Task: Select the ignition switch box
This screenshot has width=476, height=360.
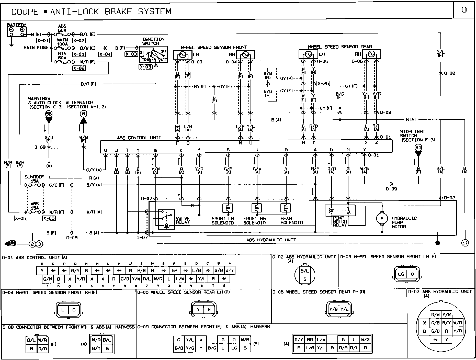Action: tap(153, 54)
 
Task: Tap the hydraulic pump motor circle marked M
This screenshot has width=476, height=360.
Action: tap(382, 218)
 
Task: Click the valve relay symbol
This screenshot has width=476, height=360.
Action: tap(166, 219)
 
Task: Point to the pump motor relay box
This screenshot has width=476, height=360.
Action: tap(340, 210)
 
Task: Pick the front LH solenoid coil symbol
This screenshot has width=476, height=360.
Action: tap(228, 208)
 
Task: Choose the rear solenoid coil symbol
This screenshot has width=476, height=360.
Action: tap(286, 208)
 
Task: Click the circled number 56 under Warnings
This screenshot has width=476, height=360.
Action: tap(49, 114)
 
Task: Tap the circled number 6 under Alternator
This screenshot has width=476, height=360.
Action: tap(84, 114)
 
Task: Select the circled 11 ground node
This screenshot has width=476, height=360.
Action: tap(465, 243)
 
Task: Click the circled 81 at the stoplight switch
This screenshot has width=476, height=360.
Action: tap(418, 148)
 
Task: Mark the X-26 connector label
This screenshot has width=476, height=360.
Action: tap(323, 83)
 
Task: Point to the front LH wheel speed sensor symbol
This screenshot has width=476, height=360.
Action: tap(183, 55)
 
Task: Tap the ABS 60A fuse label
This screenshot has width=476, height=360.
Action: tap(62, 28)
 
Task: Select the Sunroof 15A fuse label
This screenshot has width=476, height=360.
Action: tap(35, 179)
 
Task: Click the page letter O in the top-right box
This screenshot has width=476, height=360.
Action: tap(464, 10)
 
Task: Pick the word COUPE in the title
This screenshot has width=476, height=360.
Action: tap(25, 12)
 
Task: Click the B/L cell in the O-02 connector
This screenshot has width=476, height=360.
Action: tap(305, 271)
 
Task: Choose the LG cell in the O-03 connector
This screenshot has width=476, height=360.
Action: tap(401, 274)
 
